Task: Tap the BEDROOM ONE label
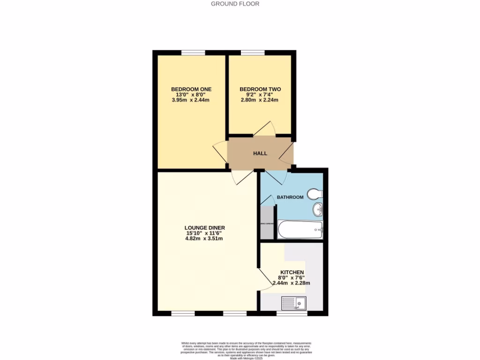tap(191, 89)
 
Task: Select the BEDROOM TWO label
tap(260, 89)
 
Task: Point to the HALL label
tap(260, 153)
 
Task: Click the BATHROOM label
tap(290, 197)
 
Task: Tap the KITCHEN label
tap(292, 272)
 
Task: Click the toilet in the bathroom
tap(315, 193)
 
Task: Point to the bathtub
tap(300, 230)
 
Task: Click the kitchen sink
tap(293, 303)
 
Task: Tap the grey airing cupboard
tap(266, 222)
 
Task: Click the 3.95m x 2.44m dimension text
tap(191, 100)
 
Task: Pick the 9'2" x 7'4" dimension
tap(260, 95)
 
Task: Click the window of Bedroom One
tap(193, 52)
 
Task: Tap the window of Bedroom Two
tap(253, 52)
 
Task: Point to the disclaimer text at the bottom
tap(246, 349)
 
